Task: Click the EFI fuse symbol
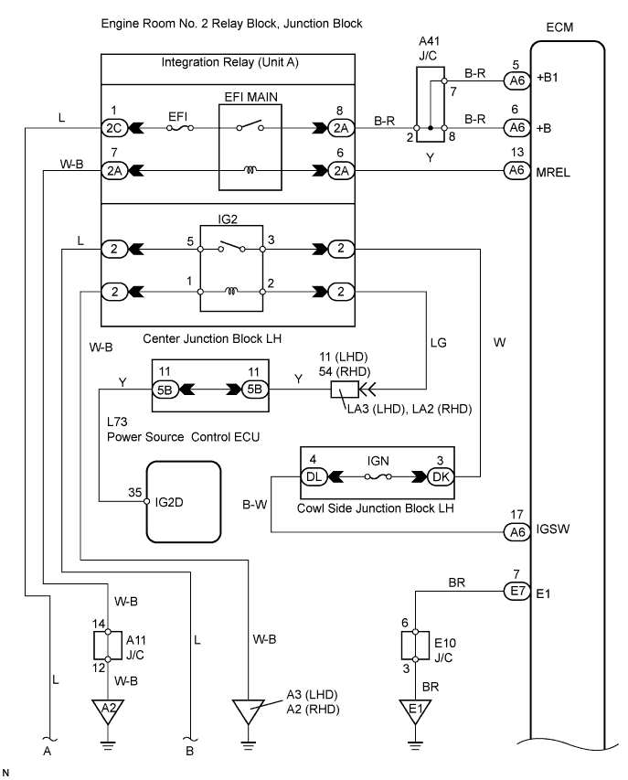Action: tap(179, 128)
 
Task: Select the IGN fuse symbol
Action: tap(378, 476)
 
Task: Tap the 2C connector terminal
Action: tap(114, 128)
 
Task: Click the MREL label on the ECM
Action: tap(553, 173)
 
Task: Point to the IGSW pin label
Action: tap(553, 529)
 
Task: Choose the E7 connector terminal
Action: tap(517, 591)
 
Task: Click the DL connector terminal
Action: tap(314, 476)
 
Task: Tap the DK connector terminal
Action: tap(441, 476)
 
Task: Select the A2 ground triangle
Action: tap(108, 711)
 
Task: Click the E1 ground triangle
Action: tap(415, 711)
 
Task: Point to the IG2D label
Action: tap(169, 502)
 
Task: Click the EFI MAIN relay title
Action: tap(251, 97)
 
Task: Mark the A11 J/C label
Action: tap(135, 647)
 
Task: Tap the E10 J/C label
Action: tap(444, 650)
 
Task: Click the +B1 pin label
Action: tap(547, 78)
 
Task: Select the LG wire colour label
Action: tap(439, 343)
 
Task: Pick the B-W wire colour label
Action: tap(254, 505)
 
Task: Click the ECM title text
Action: tap(559, 27)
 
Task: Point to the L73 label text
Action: tap(117, 422)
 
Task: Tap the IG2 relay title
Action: tap(228, 219)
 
